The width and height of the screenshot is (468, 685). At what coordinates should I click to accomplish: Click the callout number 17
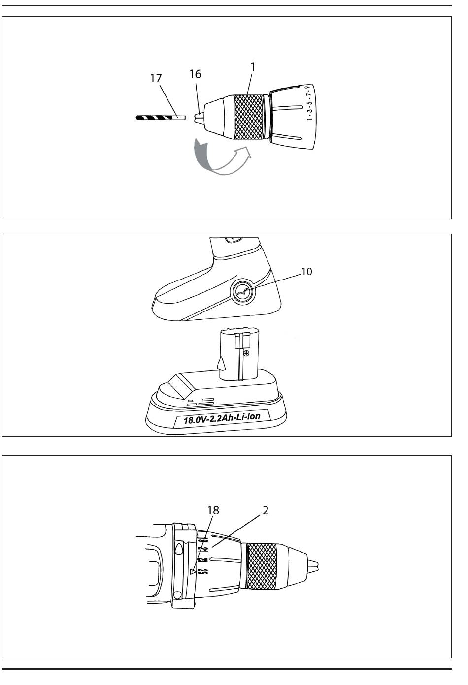coord(156,78)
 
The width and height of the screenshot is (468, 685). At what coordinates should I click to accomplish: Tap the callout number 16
coord(195,74)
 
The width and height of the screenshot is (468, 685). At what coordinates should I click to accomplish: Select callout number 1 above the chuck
coord(253,67)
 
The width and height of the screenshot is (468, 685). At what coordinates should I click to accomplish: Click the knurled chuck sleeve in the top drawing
coord(249,117)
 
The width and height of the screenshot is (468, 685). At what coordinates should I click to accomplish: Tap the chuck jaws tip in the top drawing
coord(199,118)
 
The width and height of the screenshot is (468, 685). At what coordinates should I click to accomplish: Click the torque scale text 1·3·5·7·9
coord(309,103)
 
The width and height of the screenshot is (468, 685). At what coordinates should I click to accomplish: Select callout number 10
coord(306,272)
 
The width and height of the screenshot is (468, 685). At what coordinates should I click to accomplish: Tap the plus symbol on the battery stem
coord(246,353)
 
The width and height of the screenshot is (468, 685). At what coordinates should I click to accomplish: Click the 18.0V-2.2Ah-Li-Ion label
coord(222,418)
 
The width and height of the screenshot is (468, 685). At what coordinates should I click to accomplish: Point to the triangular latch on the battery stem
coord(222,363)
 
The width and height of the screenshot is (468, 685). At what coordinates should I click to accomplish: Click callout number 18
coord(213,510)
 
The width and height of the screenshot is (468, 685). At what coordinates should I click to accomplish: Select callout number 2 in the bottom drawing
coord(265,510)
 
